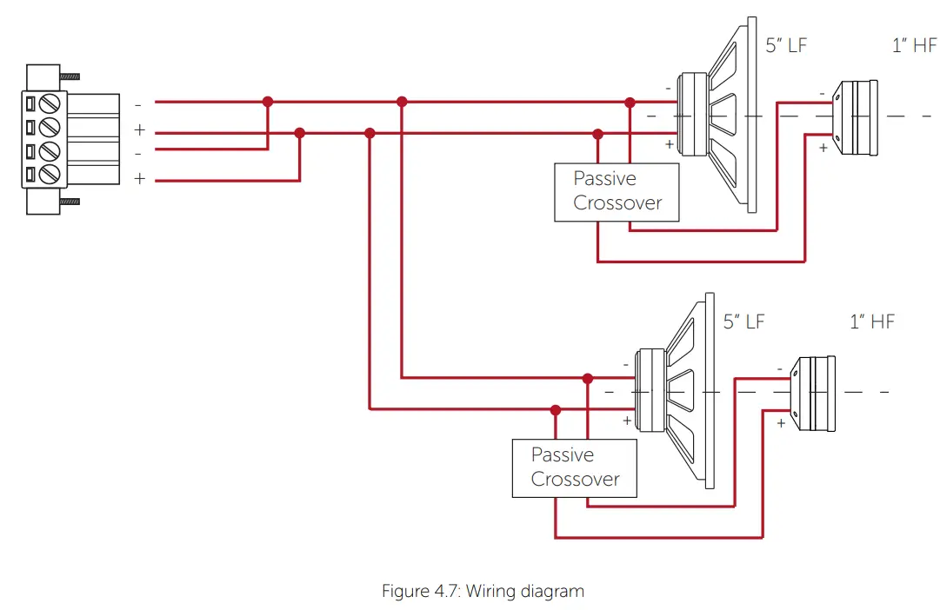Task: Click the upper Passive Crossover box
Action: coord(617,192)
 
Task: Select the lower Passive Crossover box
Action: coord(574,467)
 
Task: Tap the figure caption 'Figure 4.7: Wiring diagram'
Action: coord(483,592)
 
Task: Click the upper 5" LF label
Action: coord(786,46)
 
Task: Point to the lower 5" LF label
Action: coord(743,322)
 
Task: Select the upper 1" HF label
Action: coord(914,46)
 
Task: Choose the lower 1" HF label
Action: coord(871,322)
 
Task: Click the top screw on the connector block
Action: coord(51,105)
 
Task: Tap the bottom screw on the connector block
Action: coord(51,173)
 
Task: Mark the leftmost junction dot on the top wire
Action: coord(268,102)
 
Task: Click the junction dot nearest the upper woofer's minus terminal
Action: coord(630,103)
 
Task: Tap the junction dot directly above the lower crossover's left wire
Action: coord(556,409)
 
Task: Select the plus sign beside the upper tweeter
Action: coord(823,148)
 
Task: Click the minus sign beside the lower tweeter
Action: coord(779,369)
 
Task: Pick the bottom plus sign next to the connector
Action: coord(138,179)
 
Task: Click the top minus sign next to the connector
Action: coord(138,104)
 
